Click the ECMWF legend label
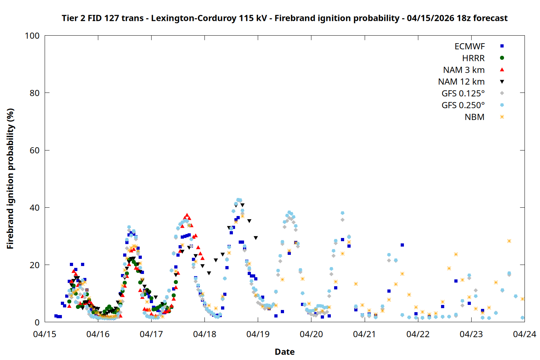[x=469, y=46]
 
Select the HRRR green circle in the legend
[x=502, y=58]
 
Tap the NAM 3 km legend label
[x=464, y=70]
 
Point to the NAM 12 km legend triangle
[x=502, y=82]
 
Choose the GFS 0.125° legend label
[x=463, y=94]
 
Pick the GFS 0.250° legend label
[x=463, y=105]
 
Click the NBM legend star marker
[x=502, y=117]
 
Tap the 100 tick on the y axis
[x=32, y=36]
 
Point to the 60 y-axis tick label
[x=35, y=150]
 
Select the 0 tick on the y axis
[x=37, y=323]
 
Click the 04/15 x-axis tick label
[x=45, y=334]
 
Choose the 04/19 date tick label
[x=258, y=334]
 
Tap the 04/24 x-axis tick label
[x=524, y=334]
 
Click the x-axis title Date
[x=284, y=352]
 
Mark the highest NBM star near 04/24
[x=509, y=241]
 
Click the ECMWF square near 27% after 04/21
[x=402, y=245]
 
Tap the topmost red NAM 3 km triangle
[x=186, y=215]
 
